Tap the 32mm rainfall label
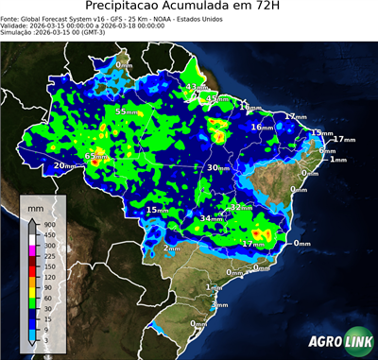tap(242, 206)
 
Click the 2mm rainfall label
tap(172, 248)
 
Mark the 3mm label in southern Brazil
tap(220, 304)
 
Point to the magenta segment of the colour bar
tap(28, 247)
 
